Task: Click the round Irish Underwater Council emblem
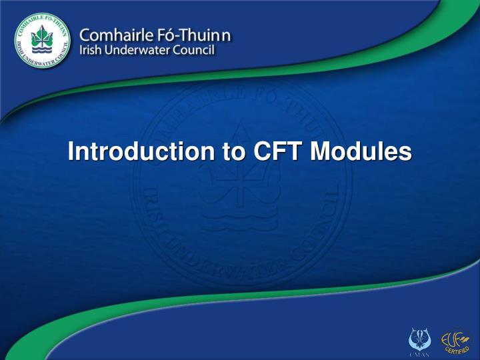[x=41, y=41]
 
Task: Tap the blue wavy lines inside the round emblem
[x=41, y=51]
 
